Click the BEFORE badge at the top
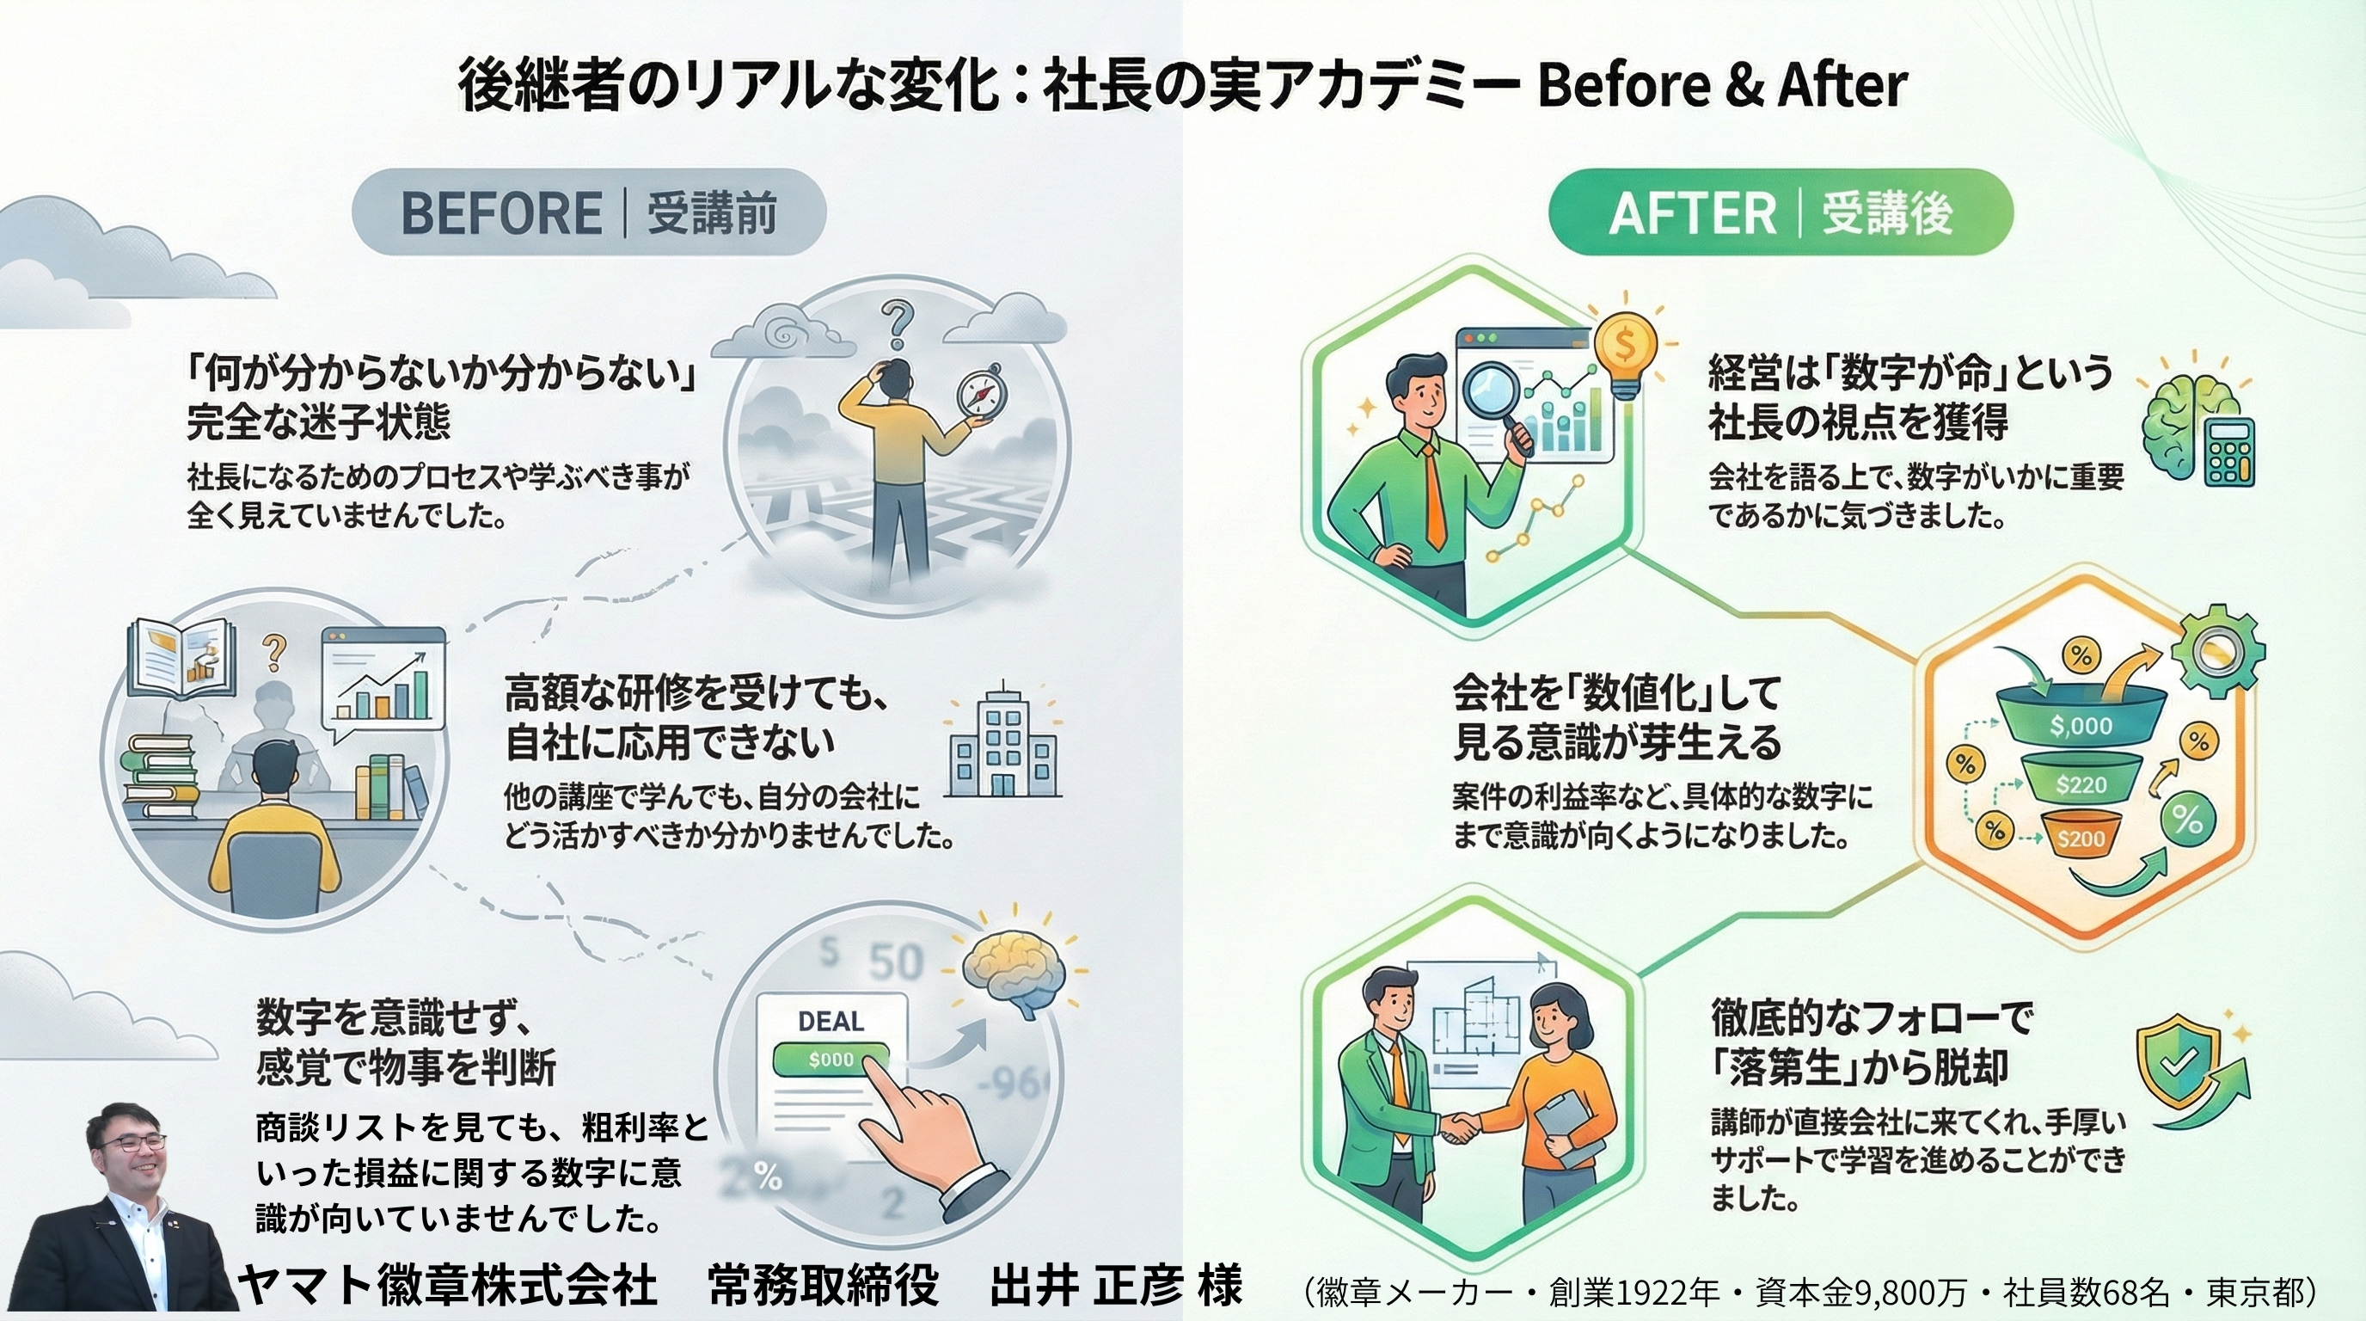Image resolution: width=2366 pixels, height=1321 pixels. pyautogui.click(x=589, y=212)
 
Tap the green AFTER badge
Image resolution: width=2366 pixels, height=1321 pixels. pyautogui.click(x=1780, y=212)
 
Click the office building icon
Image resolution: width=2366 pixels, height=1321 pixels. pyautogui.click(x=1003, y=743)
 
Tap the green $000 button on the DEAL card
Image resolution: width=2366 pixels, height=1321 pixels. pyautogui.click(x=831, y=1060)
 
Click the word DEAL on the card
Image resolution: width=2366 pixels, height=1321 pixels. pyautogui.click(x=831, y=1022)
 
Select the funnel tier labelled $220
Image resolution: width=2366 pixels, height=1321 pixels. pyautogui.click(x=2081, y=783)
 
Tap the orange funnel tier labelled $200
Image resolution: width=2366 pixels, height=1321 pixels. pyautogui.click(x=2081, y=838)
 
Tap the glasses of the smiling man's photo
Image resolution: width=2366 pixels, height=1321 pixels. pyautogui.click(x=134, y=1144)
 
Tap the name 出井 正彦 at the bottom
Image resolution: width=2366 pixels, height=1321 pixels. pyautogui.click(x=1086, y=1284)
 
